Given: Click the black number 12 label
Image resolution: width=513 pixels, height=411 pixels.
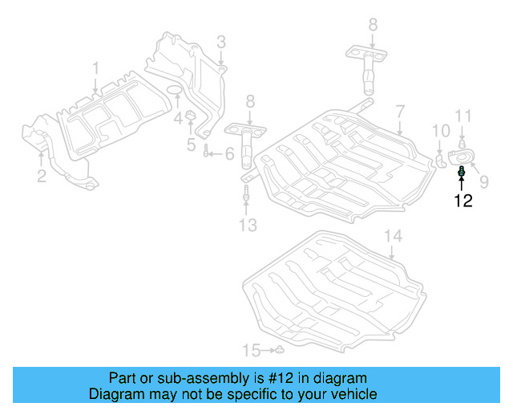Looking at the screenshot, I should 463,201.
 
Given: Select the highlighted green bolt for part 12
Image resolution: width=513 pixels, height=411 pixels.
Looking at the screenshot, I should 462,172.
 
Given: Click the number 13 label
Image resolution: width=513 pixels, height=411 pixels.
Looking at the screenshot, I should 248,226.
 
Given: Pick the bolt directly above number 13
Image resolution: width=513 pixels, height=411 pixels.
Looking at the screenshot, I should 247,193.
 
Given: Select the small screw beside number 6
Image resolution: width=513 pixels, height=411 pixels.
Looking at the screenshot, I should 207,153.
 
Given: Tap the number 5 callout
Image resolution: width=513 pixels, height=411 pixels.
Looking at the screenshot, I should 191,145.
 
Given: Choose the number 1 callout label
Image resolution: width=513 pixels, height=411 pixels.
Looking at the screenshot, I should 95,67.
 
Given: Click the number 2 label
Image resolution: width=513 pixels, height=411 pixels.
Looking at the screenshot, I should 42,175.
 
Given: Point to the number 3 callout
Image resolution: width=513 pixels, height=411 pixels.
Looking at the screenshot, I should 220,41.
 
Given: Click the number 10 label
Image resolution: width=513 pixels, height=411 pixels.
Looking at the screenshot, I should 441,130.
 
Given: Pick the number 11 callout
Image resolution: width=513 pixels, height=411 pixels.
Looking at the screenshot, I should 463,117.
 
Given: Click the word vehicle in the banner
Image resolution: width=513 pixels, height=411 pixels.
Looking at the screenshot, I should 353,394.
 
